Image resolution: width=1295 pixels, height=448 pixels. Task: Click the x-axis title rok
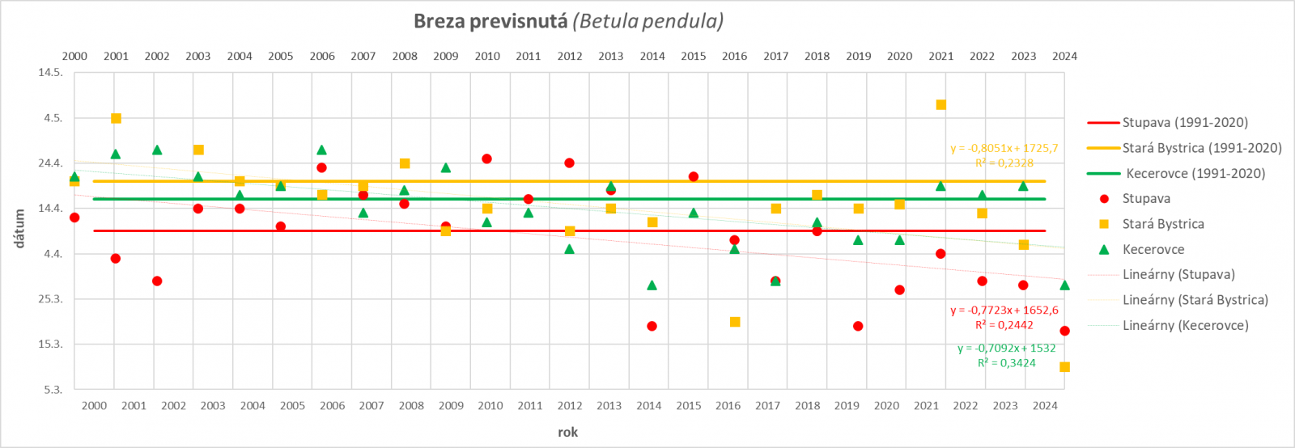567,432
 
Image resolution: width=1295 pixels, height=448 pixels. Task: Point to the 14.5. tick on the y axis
50,73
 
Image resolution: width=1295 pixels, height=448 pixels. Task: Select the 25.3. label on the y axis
50,299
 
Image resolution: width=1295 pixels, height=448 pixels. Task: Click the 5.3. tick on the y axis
53,390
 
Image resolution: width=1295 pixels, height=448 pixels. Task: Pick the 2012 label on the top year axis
570,56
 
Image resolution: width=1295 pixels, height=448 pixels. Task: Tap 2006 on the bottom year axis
332,405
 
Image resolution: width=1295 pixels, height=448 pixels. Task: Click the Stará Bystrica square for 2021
940,105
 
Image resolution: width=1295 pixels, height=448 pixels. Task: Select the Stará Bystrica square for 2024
1064,367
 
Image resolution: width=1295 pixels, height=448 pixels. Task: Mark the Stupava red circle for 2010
486,159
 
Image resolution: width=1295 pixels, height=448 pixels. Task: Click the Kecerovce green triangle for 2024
1064,285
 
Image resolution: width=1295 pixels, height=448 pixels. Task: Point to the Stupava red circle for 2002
157,281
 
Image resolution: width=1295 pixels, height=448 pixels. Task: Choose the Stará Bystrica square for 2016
735,322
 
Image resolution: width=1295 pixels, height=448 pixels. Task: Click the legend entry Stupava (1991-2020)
1184,123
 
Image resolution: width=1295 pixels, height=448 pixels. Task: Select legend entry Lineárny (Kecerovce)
1185,325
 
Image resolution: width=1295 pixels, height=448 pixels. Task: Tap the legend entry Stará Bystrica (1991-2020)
1201,148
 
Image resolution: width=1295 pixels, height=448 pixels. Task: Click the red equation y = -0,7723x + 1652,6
1004,310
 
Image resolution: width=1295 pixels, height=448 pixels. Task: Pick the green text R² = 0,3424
1006,363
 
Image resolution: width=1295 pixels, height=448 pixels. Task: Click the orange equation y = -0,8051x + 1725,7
1004,148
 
